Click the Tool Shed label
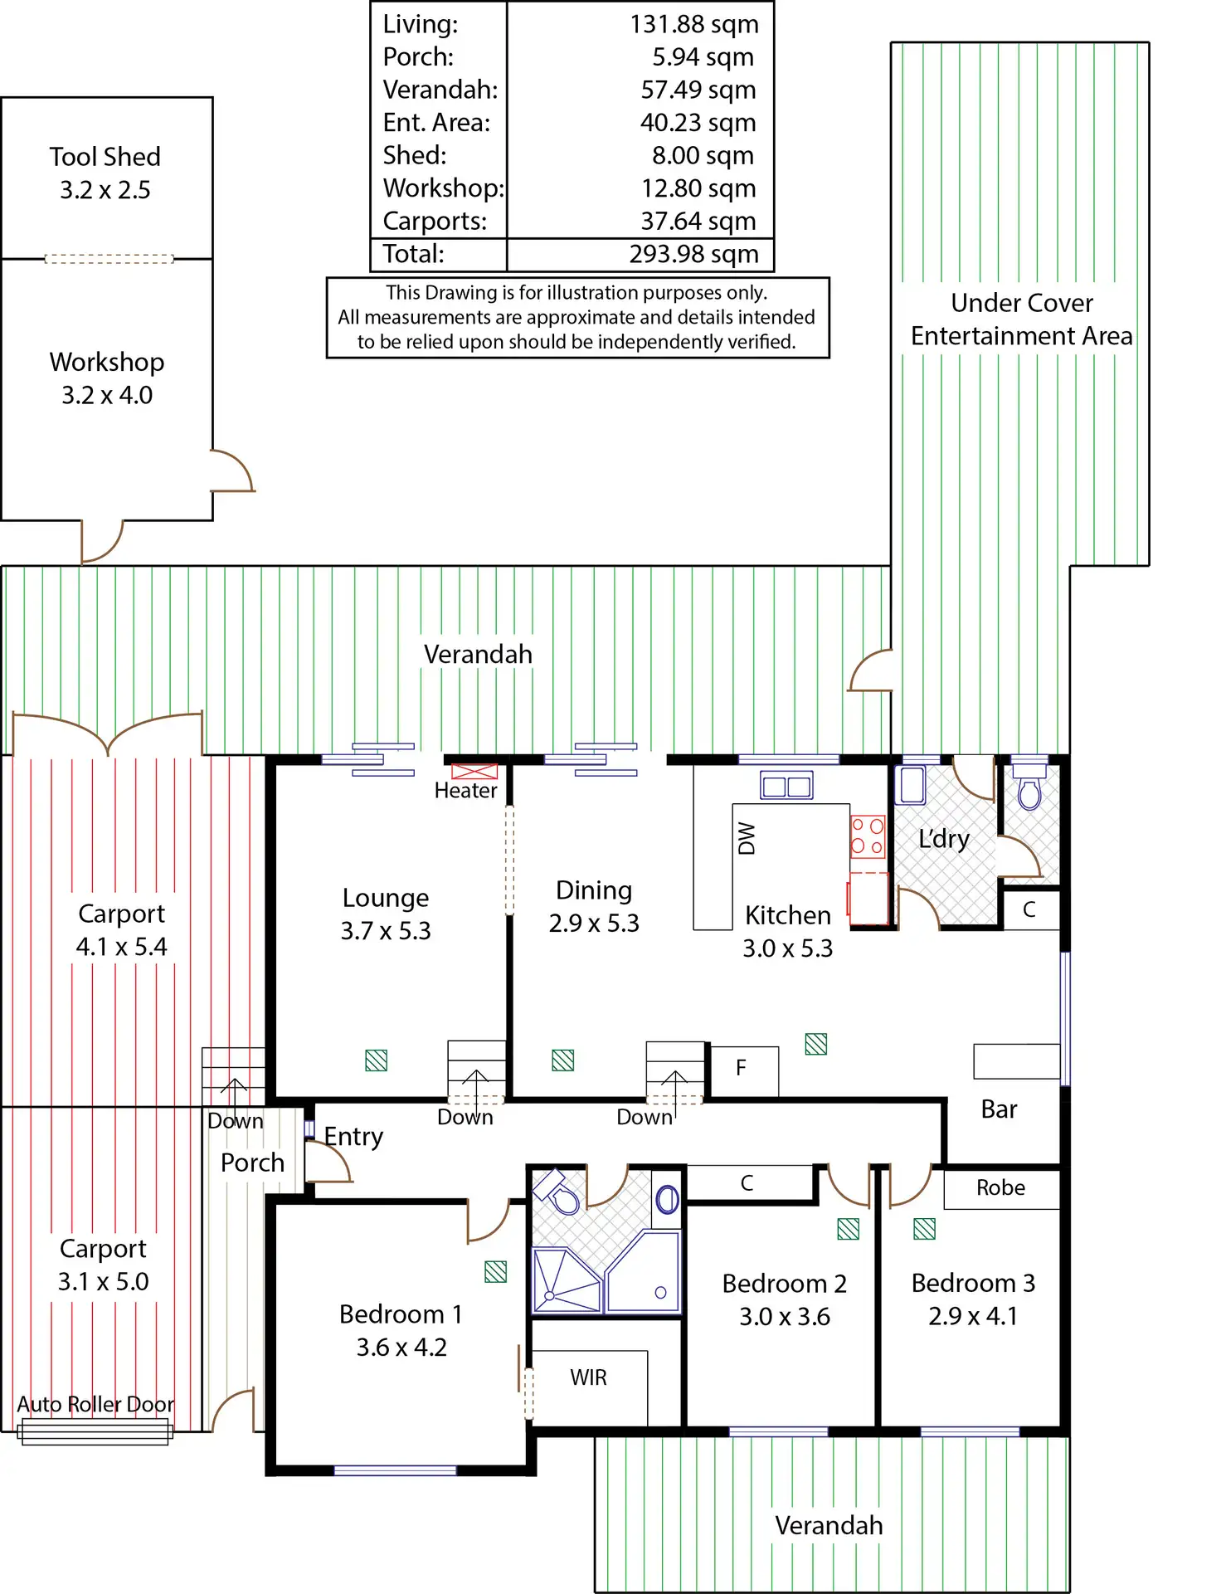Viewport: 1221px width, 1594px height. point(105,157)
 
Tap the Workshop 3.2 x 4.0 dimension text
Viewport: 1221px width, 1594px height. point(107,395)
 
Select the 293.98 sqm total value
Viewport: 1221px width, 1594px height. point(693,254)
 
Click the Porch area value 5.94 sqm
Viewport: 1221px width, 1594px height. point(703,57)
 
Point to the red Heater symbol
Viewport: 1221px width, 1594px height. point(474,771)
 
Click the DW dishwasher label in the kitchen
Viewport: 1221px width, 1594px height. point(747,838)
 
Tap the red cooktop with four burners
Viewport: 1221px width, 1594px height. point(868,836)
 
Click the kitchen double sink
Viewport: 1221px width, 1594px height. point(786,785)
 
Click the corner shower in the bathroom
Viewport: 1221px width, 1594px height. point(567,1280)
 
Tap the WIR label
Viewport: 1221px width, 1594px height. point(588,1377)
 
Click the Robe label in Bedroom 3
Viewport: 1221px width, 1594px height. point(1000,1188)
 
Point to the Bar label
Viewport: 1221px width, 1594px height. point(999,1109)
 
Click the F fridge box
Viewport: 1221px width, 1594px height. point(742,1069)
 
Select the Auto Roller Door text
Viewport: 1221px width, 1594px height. point(95,1404)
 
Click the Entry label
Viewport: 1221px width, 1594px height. point(353,1137)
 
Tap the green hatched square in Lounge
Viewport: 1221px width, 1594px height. point(377,1060)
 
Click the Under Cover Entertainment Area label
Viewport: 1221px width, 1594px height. point(1021,319)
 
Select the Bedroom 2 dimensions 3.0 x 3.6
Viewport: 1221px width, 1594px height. point(785,1317)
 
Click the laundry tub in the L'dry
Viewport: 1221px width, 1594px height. point(912,785)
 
